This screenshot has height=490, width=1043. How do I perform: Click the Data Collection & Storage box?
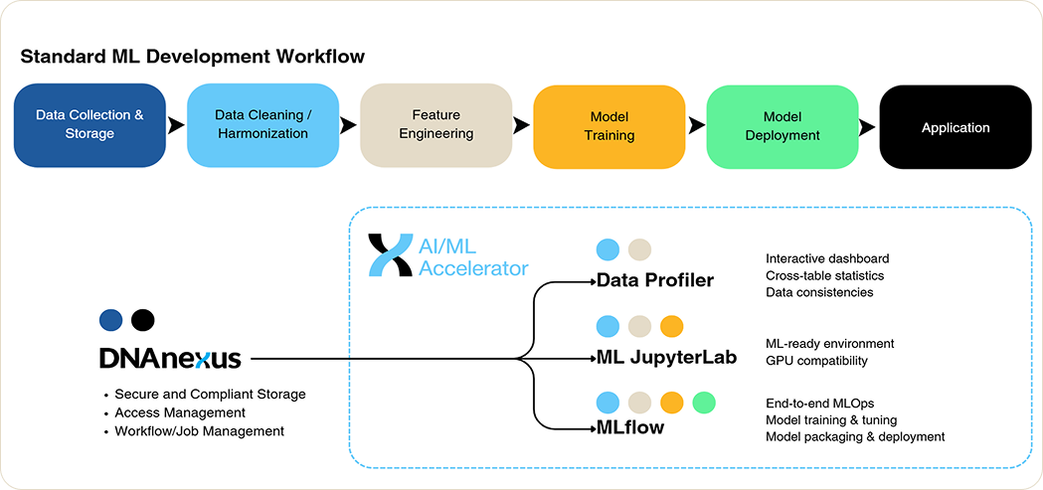pyautogui.click(x=89, y=125)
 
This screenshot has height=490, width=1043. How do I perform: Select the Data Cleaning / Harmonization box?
pyautogui.click(x=262, y=125)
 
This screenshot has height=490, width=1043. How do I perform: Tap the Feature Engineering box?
pyautogui.click(x=435, y=125)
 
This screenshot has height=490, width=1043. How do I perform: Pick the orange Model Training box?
pyautogui.click(x=608, y=126)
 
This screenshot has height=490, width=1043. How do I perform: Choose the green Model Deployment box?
pyautogui.click(x=782, y=126)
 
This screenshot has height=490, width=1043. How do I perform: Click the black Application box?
pyautogui.click(x=956, y=127)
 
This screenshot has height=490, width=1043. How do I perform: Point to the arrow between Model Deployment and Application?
pyautogui.click(x=867, y=127)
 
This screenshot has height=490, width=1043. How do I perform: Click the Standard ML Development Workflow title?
pyautogui.click(x=192, y=57)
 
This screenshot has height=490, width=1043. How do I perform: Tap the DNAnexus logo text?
pyautogui.click(x=170, y=359)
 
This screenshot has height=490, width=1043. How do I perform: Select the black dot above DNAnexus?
pyautogui.click(x=143, y=320)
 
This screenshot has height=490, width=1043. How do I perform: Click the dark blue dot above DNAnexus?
pyautogui.click(x=111, y=320)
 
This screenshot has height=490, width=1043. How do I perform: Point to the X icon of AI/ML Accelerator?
pyautogui.click(x=390, y=255)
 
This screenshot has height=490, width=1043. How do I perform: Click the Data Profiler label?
pyautogui.click(x=655, y=280)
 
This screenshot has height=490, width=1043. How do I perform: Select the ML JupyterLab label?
pyautogui.click(x=666, y=357)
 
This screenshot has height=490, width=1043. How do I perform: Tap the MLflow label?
pyautogui.click(x=629, y=428)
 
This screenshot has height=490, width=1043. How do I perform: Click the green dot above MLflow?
pyautogui.click(x=704, y=403)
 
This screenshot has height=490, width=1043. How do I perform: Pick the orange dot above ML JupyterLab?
pyautogui.click(x=672, y=326)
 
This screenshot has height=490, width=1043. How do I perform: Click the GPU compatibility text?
pyautogui.click(x=816, y=361)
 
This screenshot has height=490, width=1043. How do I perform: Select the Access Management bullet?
pyautogui.click(x=180, y=412)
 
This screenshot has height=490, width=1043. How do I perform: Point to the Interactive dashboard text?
pyautogui.click(x=827, y=259)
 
